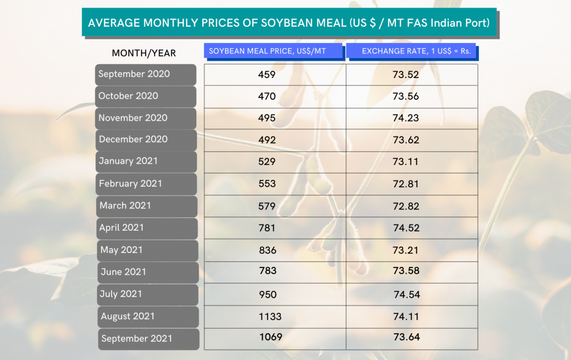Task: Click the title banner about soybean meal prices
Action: pos(289,22)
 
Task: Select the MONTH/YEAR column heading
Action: pos(144,53)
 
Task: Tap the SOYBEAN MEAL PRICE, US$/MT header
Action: pos(273,51)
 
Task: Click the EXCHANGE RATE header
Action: pos(412,51)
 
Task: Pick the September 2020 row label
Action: pos(146,75)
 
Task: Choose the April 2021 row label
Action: pos(147,228)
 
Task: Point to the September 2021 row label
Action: pos(148,339)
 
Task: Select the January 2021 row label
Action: pos(147,162)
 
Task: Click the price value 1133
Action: pos(270,317)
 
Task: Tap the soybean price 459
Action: pos(267,75)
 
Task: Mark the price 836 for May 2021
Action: pos(268,250)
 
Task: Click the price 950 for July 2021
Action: pos(268,294)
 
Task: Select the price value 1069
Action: pos(270,337)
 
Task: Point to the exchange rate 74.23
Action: pos(406,118)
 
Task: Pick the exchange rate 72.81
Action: pos(406,184)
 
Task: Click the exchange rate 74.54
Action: pos(407,294)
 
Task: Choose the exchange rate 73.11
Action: pos(405,162)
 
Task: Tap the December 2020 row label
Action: pos(146,140)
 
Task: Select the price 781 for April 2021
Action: pos(267,228)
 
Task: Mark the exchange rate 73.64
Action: pos(407,337)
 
